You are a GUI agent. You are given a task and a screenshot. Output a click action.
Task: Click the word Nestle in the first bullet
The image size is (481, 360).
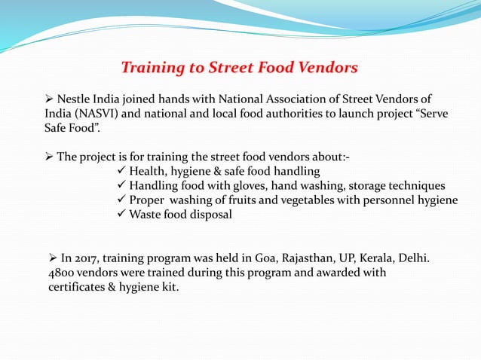coord(75,99)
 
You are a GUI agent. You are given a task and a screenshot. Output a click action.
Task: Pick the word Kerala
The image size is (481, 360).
coord(368,258)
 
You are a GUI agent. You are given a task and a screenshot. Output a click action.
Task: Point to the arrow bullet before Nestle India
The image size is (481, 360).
coord(49,99)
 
